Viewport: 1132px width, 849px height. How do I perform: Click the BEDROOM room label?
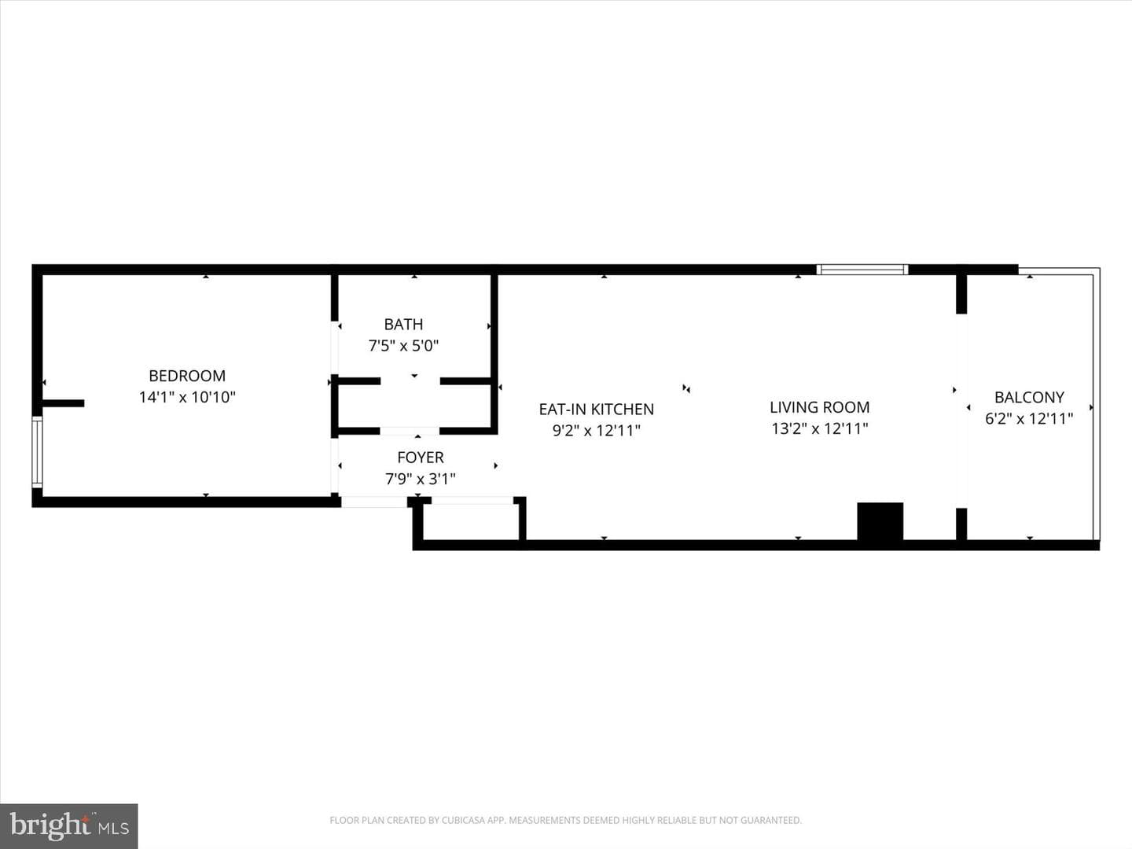187,376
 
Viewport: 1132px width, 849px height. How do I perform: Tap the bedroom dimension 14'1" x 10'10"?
187,398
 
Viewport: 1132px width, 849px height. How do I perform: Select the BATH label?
403,324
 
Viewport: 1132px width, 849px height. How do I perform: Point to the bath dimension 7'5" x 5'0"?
403,345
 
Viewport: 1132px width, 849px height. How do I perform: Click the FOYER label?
421,458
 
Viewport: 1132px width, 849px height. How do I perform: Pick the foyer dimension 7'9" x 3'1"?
421,480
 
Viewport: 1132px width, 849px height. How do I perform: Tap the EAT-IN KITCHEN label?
596,410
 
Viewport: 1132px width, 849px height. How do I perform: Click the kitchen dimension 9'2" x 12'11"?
596,431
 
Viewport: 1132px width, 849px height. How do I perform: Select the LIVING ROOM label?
819,407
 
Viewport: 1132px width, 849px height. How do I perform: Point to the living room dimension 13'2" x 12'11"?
819,429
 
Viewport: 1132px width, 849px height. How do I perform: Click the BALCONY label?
1029,398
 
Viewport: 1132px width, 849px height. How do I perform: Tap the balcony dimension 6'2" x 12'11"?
1029,418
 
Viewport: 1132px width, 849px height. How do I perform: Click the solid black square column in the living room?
880,522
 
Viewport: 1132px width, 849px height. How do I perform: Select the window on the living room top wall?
862,270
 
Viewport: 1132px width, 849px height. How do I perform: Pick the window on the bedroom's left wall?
37,452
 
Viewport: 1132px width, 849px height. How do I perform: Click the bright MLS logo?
68,826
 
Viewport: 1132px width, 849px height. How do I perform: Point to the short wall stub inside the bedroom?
63,403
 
